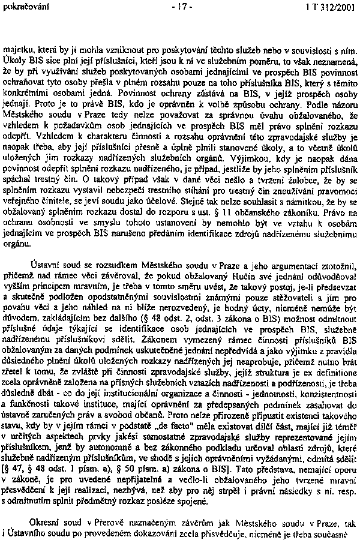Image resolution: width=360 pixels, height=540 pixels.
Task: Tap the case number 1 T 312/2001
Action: click(x=326, y=7)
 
